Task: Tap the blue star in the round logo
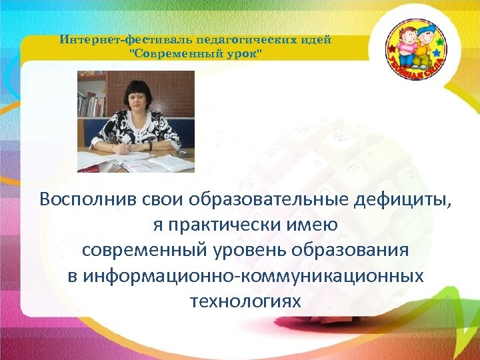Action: coord(437,51)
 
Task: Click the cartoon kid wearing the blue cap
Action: coord(423,47)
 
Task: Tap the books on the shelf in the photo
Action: coord(91,103)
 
